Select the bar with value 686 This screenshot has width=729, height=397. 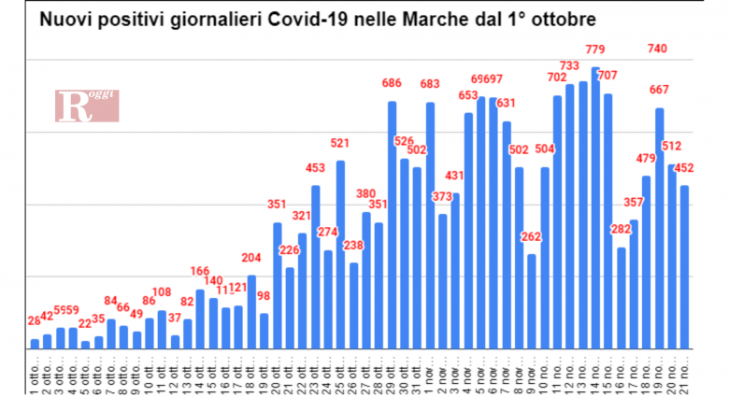pos(393,224)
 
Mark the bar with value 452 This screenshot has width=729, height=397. pos(685,266)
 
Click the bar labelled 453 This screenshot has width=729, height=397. pos(316,266)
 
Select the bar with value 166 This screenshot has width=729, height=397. pos(200,319)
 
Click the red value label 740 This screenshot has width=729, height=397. pos(657,49)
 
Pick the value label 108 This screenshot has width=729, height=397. pos(162,292)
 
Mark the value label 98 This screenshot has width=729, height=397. pos(264,296)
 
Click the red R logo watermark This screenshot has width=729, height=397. pos(87,106)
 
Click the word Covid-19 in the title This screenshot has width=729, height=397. pos(307,19)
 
